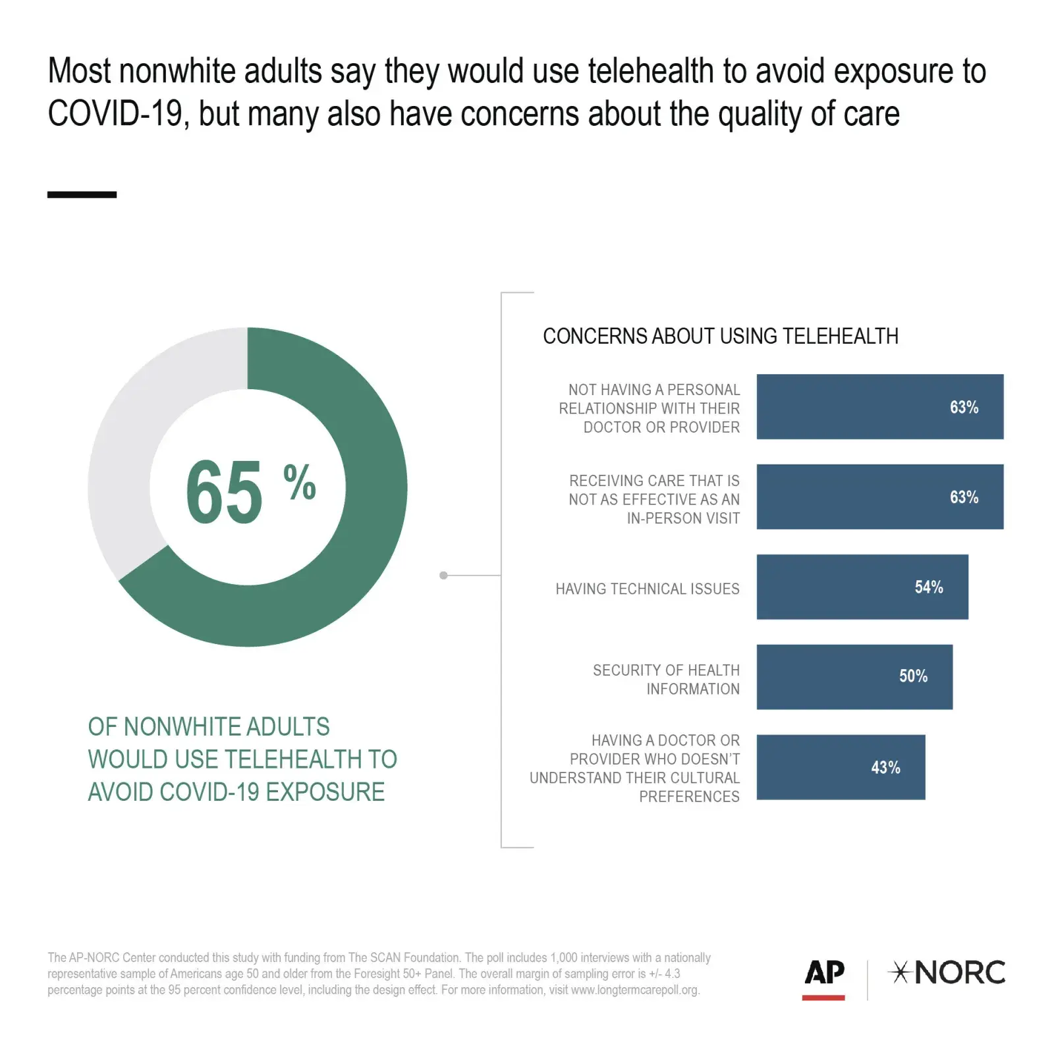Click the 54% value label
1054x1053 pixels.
point(928,587)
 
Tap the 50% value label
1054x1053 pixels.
point(913,676)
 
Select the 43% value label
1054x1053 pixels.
point(885,767)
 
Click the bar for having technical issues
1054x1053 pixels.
point(837,587)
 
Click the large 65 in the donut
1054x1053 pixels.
point(224,492)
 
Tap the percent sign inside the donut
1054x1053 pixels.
point(300,482)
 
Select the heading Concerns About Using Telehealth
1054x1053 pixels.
point(720,337)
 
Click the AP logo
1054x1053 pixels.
point(824,972)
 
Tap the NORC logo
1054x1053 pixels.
point(947,973)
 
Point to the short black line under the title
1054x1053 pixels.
point(82,194)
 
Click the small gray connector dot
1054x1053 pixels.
point(443,576)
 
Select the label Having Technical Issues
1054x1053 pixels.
point(647,589)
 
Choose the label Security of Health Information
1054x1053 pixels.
point(666,680)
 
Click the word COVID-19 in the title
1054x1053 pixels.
point(115,114)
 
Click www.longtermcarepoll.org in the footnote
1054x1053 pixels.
point(634,990)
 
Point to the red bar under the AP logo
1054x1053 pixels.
point(823,998)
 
